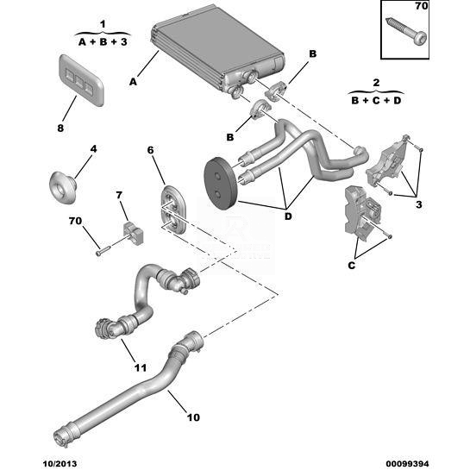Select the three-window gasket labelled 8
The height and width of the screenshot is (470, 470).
pyautogui.click(x=81, y=80)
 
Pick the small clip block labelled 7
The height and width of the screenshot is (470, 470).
pyautogui.click(x=133, y=232)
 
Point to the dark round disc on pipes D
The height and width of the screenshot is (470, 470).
pyautogui.click(x=221, y=185)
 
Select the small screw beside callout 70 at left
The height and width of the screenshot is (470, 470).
pyautogui.click(x=103, y=251)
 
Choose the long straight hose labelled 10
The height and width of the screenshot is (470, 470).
pyautogui.click(x=128, y=390)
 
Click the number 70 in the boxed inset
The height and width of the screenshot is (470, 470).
pyautogui.click(x=421, y=6)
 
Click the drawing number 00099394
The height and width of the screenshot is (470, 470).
pyautogui.click(x=407, y=464)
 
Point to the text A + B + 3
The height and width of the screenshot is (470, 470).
pyautogui.click(x=103, y=42)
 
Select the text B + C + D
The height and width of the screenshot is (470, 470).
pyautogui.click(x=376, y=100)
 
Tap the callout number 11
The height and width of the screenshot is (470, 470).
pyautogui.click(x=140, y=367)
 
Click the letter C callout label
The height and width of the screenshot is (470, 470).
pyautogui.click(x=351, y=266)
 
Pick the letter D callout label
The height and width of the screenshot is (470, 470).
pyautogui.click(x=288, y=216)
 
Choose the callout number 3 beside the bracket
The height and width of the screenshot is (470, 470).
pyautogui.click(x=419, y=204)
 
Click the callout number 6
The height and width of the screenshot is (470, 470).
pyautogui.click(x=150, y=150)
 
